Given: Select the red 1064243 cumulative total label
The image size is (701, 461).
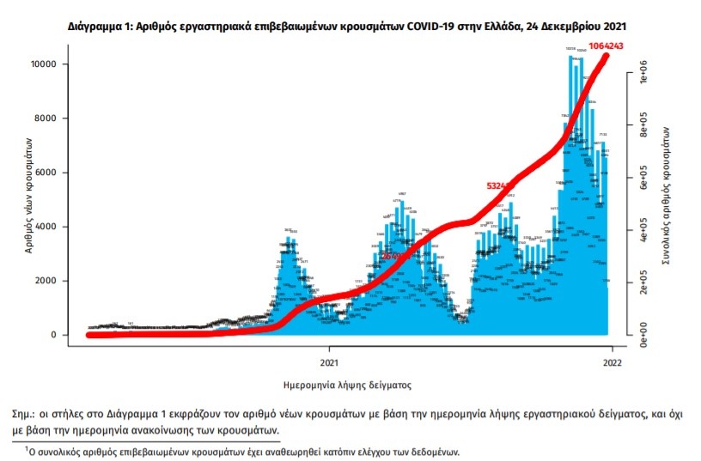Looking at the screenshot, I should (613, 45).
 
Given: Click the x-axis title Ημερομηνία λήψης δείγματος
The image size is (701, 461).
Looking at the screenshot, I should (348, 385).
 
